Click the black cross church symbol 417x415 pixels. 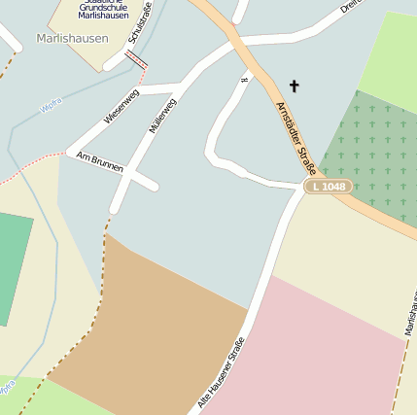[294, 86]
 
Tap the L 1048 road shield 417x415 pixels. [328, 186]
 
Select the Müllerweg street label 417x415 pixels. [162, 116]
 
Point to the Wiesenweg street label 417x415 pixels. [122, 106]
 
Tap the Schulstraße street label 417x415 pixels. [141, 23]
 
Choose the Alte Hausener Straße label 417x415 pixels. [221, 371]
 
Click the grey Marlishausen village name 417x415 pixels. [71, 39]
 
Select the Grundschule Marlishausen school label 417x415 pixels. [105, 11]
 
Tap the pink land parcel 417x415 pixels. [330, 350]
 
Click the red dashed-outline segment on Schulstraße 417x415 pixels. [137, 58]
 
